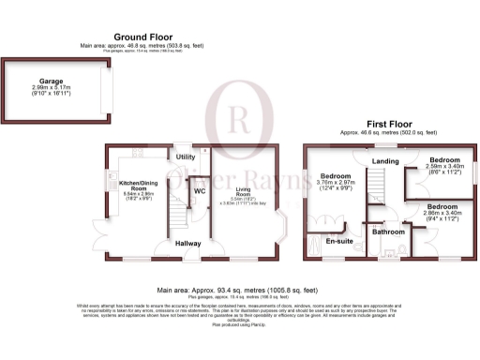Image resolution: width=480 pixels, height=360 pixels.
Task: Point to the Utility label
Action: tap(186, 157)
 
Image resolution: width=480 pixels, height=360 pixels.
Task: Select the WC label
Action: tap(199, 191)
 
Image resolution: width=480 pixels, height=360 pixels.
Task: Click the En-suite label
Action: tap(337, 241)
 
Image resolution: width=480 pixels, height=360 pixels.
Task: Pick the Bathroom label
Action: tap(387, 231)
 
